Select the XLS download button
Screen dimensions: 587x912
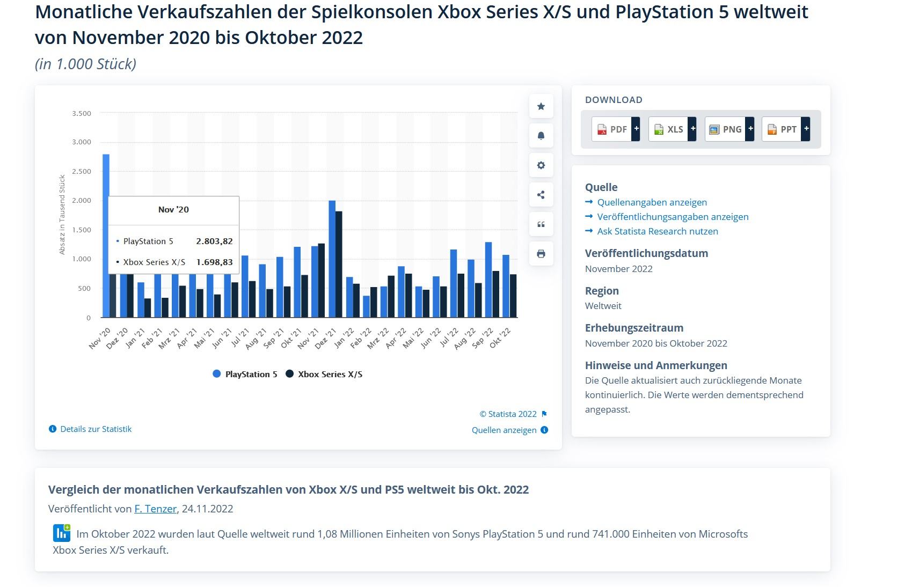click(x=672, y=129)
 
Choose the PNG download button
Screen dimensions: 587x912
click(x=729, y=129)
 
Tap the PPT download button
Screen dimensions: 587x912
click(x=785, y=129)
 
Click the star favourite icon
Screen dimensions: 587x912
click(x=541, y=106)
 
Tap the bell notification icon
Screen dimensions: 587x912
click(x=541, y=136)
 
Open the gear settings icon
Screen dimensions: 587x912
click(x=541, y=165)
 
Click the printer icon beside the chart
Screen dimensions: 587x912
click(x=541, y=254)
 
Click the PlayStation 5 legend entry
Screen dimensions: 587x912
click(x=251, y=375)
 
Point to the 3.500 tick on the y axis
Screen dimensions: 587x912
click(x=82, y=114)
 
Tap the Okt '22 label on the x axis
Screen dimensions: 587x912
click(x=501, y=338)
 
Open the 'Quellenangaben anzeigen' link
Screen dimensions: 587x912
click(x=652, y=202)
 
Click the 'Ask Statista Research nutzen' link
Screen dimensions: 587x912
click(x=657, y=231)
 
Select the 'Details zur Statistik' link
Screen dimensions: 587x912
click(x=96, y=429)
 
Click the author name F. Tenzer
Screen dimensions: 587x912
click(x=155, y=509)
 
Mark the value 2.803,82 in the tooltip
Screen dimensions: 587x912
click(x=214, y=241)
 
